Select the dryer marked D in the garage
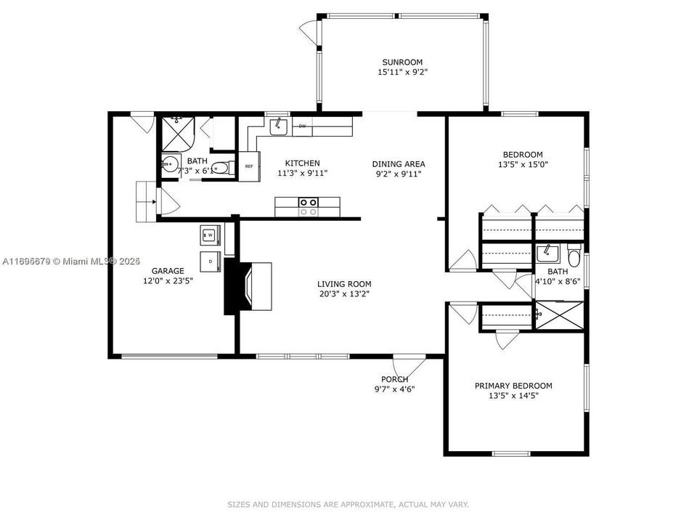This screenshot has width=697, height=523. coord(210,261)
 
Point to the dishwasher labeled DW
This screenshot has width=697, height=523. coord(302,126)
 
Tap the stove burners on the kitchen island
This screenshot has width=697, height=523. coord(308,207)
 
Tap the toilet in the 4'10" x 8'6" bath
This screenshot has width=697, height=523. coord(574,256)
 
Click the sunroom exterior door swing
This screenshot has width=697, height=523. coord(311,31)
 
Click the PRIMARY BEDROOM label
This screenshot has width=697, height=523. coord(513,386)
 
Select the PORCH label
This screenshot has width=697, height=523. coord(394,379)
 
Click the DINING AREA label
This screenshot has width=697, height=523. coord(399,163)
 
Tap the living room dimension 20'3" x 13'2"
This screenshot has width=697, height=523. coord(344,294)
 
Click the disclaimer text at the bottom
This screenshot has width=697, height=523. coord(348,504)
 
